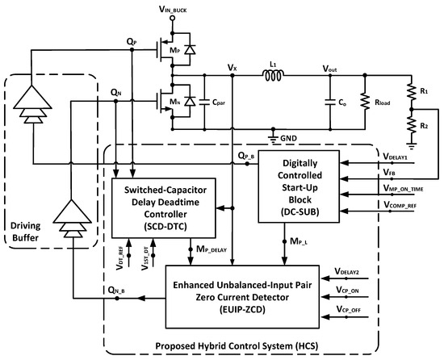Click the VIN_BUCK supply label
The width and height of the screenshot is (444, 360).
point(176,10)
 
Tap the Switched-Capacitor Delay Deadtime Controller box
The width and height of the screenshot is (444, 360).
point(164,203)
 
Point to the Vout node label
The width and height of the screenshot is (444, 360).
point(331,70)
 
